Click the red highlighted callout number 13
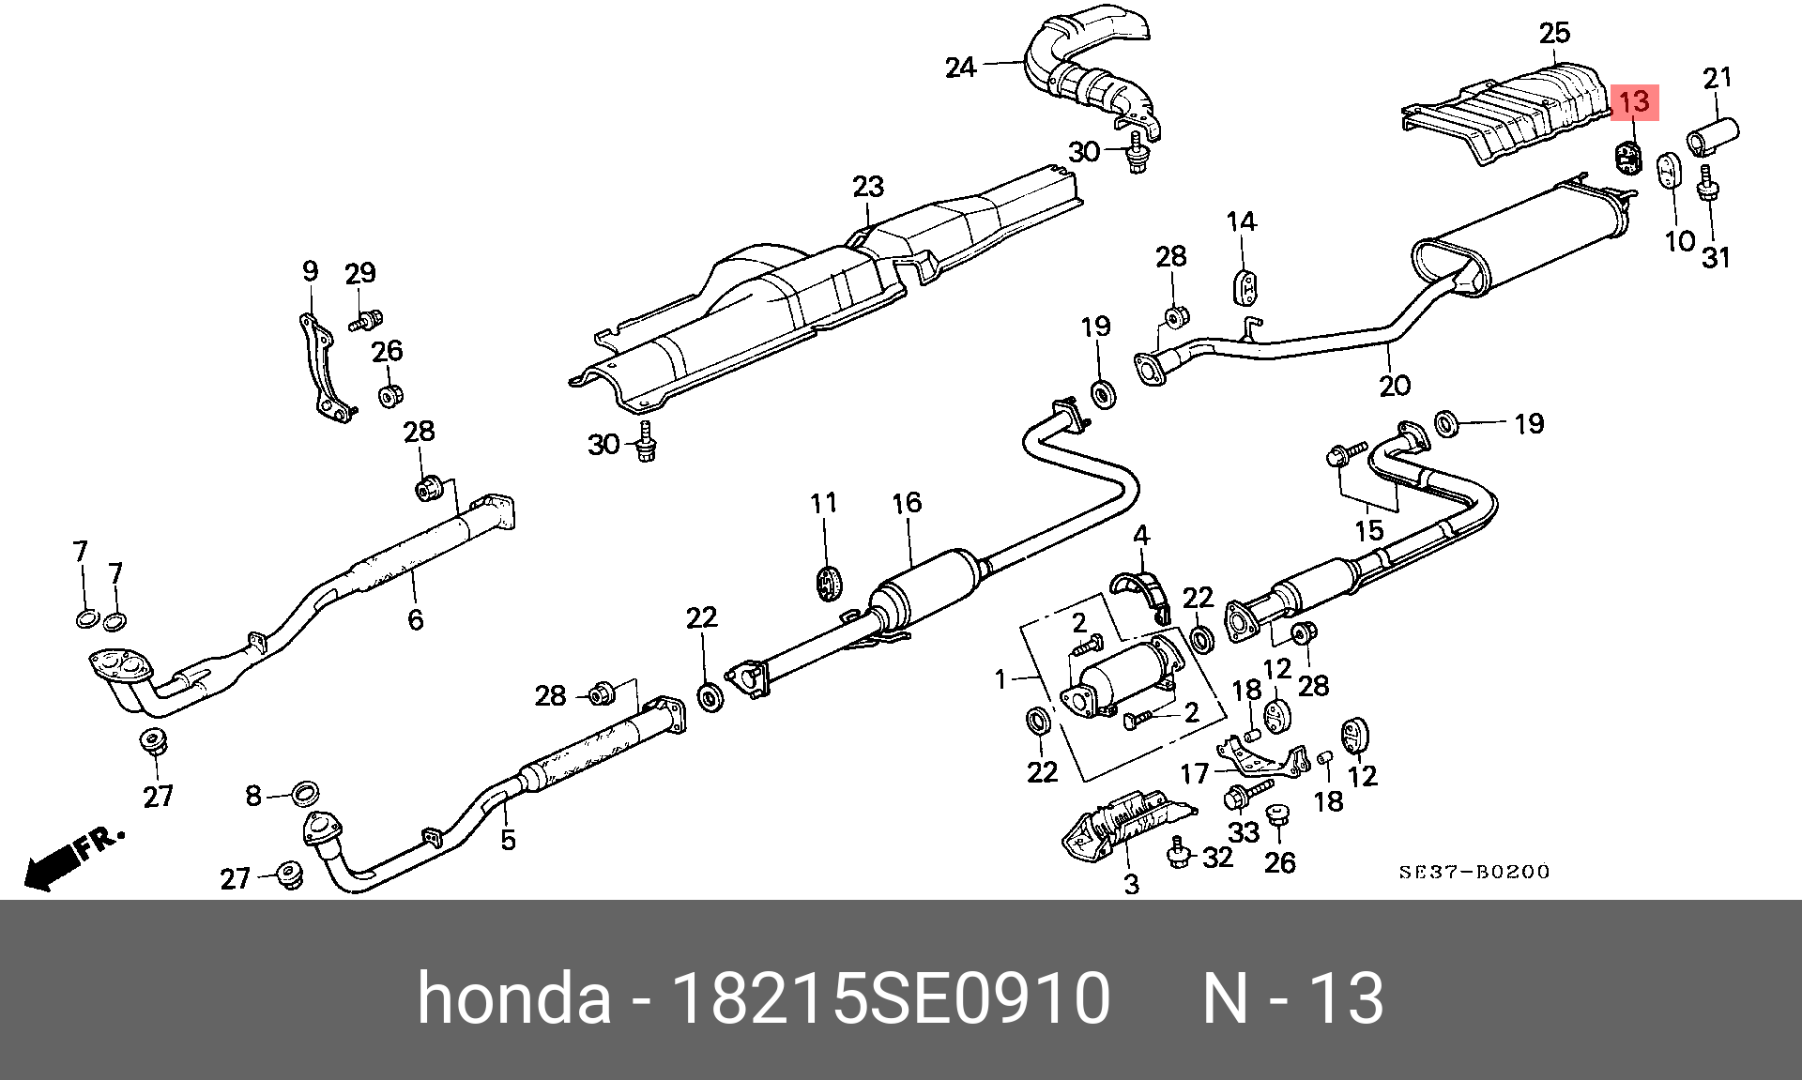tap(1635, 102)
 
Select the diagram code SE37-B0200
tap(1474, 872)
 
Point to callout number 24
tap(960, 68)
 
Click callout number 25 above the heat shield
tap(1554, 34)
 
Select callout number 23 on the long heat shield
tap(868, 187)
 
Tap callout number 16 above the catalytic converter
tap(907, 503)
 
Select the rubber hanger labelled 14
tap(1244, 286)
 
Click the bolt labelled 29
tap(364, 322)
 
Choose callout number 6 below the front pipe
tap(415, 619)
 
